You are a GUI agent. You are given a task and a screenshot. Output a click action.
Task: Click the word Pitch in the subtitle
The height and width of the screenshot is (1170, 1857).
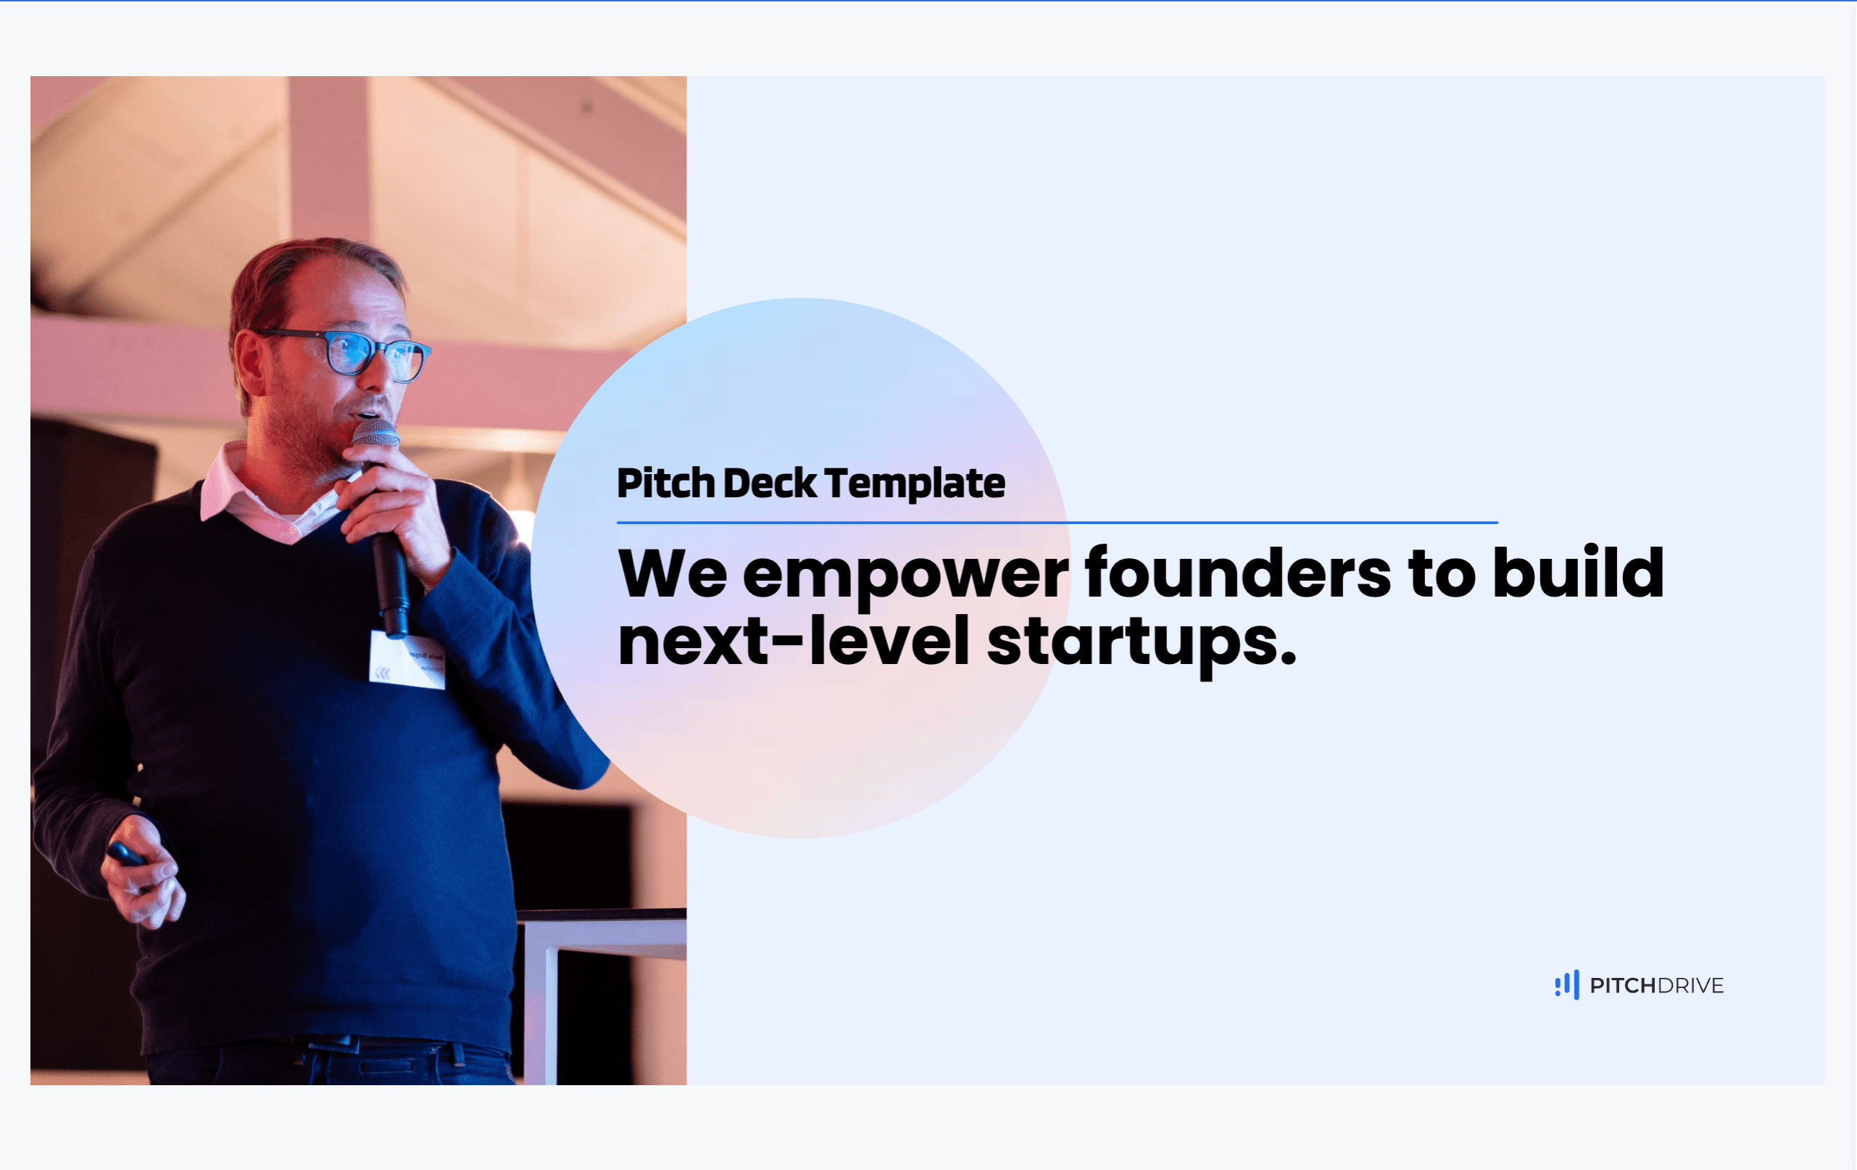665,484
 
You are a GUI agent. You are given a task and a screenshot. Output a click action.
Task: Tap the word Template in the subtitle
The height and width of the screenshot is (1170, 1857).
914,484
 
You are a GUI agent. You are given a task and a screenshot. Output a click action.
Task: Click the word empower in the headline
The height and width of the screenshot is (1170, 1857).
905,575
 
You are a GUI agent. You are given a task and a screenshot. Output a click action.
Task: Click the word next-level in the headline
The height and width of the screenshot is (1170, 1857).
793,642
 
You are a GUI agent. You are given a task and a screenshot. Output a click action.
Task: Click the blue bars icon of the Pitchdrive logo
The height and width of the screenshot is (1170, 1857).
1566,985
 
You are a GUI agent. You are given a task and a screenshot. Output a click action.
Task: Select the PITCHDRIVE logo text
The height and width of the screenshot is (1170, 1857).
1656,986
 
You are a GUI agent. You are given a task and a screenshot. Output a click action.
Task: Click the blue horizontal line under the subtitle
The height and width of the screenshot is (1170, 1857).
1057,523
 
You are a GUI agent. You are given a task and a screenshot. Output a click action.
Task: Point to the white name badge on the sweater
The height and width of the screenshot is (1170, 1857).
407,661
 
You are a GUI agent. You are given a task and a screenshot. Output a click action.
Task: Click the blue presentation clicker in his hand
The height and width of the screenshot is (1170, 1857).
125,855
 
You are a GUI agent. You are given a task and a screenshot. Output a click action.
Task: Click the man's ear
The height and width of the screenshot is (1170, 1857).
249,362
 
